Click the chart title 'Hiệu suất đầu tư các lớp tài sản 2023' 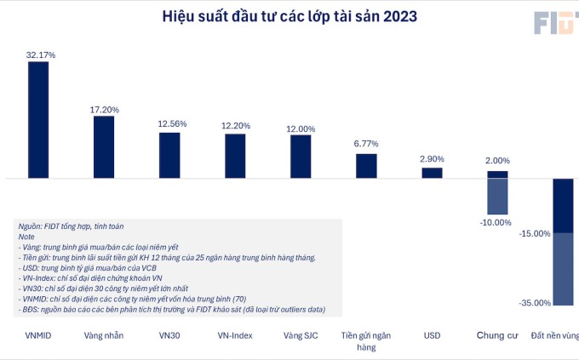(x=290, y=16)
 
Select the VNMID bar (x=39, y=120)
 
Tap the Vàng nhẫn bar (x=104, y=146)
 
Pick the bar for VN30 (x=169, y=155)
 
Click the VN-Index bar (x=235, y=156)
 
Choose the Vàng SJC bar (x=301, y=157)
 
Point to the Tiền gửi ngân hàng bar (x=366, y=166)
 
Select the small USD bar (x=432, y=173)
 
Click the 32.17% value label (x=41, y=54)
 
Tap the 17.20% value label (x=104, y=110)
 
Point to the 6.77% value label (x=366, y=144)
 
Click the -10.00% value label (x=496, y=222)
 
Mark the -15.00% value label (x=535, y=233)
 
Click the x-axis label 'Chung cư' (x=497, y=335)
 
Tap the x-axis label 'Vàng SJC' (x=301, y=335)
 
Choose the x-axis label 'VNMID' (x=39, y=335)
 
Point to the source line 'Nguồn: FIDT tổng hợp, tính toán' (x=70, y=226)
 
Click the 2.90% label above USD (x=433, y=159)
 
